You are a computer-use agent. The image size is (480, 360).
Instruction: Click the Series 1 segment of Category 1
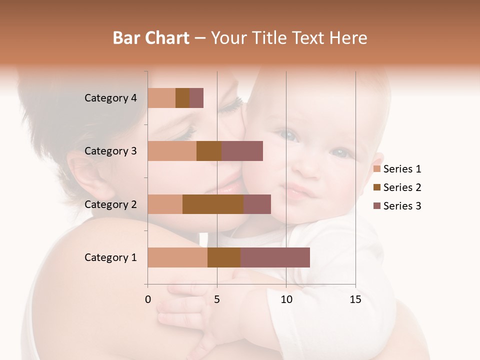(x=177, y=257)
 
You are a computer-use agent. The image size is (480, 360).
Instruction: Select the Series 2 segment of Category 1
(x=224, y=257)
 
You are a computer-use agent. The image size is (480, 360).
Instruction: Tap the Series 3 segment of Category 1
(x=275, y=257)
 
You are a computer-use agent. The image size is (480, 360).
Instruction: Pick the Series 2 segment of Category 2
(x=213, y=204)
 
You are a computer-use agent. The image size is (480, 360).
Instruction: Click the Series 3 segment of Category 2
(x=257, y=204)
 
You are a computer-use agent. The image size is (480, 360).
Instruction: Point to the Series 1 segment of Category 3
(x=172, y=151)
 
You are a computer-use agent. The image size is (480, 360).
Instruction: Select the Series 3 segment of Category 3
(x=242, y=151)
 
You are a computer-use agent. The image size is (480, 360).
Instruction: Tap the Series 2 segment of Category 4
(x=182, y=98)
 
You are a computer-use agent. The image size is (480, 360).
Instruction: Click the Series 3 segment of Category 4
(x=196, y=98)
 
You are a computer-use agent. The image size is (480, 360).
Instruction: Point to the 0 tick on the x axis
(x=148, y=299)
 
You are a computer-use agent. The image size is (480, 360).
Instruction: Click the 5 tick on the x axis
(x=217, y=299)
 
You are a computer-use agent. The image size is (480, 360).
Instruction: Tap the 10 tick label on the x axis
(x=286, y=299)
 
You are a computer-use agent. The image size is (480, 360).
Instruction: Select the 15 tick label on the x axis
(x=355, y=299)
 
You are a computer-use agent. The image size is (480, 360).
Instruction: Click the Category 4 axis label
(x=110, y=98)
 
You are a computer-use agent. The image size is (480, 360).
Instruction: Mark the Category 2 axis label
(x=110, y=204)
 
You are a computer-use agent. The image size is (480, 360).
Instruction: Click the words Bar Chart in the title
(x=151, y=37)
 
